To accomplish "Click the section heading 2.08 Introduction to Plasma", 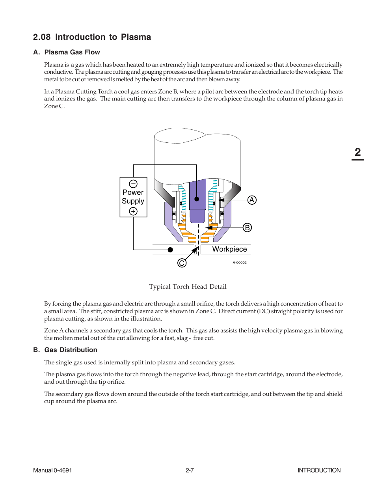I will tap(92, 37).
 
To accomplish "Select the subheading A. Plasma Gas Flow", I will tap(67, 52).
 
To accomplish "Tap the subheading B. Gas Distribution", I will tap(65, 350).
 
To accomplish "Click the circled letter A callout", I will tap(252, 200).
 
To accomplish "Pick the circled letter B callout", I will tap(247, 228).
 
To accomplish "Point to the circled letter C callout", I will tap(182, 263).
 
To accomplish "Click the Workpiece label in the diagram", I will tap(229, 249).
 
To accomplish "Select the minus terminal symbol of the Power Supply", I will tap(133, 184).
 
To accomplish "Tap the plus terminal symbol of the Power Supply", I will tap(133, 211).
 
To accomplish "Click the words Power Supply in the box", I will tap(133, 197).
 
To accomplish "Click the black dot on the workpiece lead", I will tap(170, 250).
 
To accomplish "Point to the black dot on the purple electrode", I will tap(197, 199).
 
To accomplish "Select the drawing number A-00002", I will tap(239, 263).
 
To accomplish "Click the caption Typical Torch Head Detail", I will tap(188, 287).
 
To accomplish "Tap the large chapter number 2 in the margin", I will tap(357, 152).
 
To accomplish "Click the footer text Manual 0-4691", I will tap(52, 470).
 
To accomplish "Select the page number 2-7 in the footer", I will tap(190, 470).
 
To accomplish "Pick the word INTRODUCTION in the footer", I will tap(319, 470).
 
